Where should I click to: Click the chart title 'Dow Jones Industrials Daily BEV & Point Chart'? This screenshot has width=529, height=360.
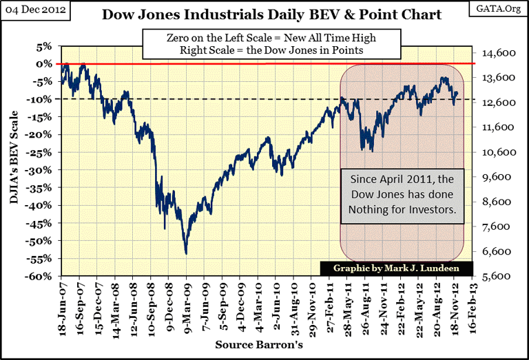tap(271, 14)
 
